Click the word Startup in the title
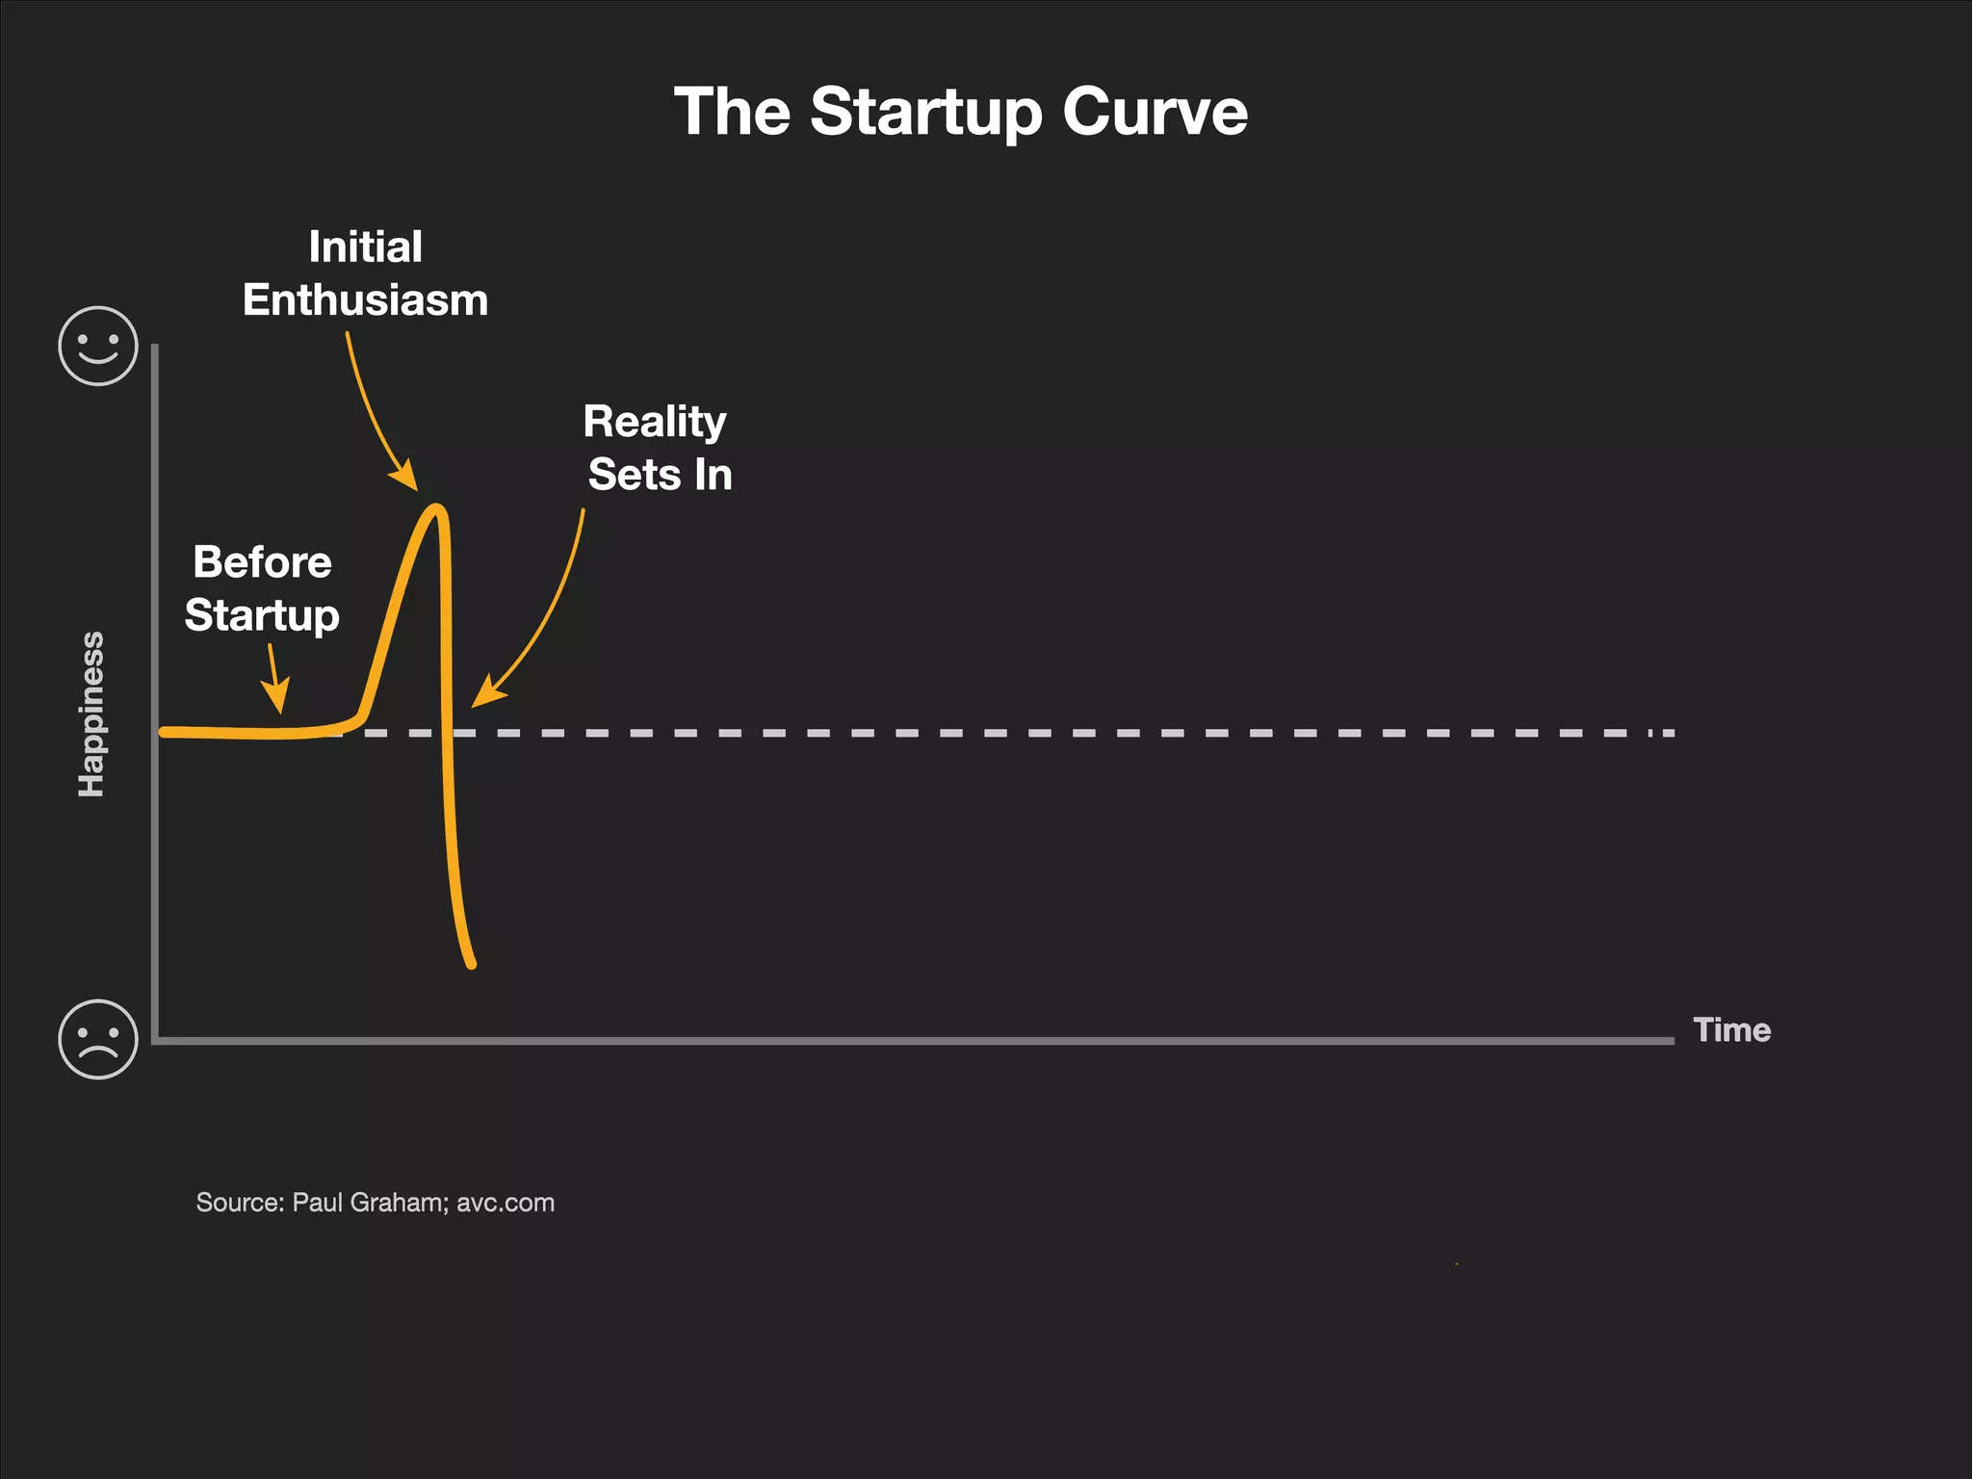tap(926, 114)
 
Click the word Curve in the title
tap(1155, 112)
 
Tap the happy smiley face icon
tap(98, 346)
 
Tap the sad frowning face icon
tap(98, 1040)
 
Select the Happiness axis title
tap(91, 714)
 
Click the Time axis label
tap(1731, 1030)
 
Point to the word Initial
tap(365, 247)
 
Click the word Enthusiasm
tap(365, 300)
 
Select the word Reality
tap(655, 422)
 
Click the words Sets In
tap(660, 475)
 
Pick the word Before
tap(262, 562)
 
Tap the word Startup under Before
tap(262, 615)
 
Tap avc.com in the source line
tap(506, 1203)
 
